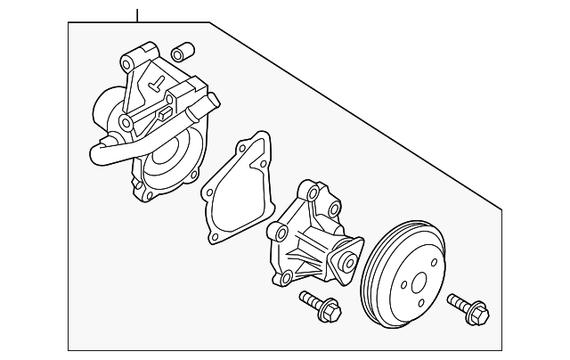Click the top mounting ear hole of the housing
click(x=126, y=64)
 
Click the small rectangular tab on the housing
click(x=165, y=113)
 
